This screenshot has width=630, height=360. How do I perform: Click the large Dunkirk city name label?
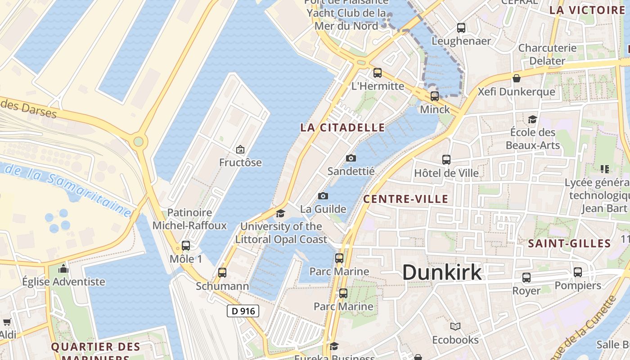pos(441,273)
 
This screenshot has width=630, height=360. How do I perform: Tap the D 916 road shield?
pos(243,311)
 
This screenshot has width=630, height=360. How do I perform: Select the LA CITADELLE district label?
pos(342,127)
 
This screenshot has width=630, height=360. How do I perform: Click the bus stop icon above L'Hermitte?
pos(377,72)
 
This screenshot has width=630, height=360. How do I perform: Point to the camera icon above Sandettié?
pos(351,158)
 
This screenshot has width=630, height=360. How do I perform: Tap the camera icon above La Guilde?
pos(323,196)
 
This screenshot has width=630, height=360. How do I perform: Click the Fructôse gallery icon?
pos(240,149)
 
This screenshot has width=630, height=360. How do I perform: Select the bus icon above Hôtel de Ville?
pos(446,159)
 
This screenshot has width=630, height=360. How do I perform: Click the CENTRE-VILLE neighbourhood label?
pos(405,199)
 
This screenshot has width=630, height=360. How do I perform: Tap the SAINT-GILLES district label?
pos(569,243)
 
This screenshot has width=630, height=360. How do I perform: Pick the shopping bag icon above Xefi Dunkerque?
pos(516,78)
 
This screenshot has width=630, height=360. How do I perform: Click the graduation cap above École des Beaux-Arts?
pos(532,119)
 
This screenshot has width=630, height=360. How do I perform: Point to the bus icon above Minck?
pos(434,96)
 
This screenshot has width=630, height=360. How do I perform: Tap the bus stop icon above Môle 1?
pos(185,246)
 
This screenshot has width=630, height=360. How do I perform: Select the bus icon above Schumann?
pos(222,272)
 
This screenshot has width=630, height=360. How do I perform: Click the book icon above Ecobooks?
pos(455,326)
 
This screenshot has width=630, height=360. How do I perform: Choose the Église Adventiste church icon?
pos(63,269)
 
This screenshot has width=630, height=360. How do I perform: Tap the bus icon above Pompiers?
pos(577,272)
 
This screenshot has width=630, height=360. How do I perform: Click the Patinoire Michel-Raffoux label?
pos(189,219)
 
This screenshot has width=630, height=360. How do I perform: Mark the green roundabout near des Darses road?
pos(138,142)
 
